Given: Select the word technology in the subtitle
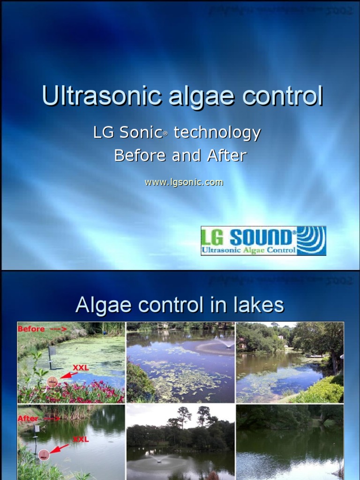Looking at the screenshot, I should (217, 133).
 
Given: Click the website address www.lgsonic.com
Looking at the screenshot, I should (184, 182).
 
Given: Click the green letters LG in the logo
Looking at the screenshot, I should (212, 238).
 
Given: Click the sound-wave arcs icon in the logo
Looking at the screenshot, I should (311, 240).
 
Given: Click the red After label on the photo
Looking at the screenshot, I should (28, 418).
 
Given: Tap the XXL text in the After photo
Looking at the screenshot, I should (81, 440).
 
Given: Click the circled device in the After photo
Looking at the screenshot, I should (44, 454).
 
